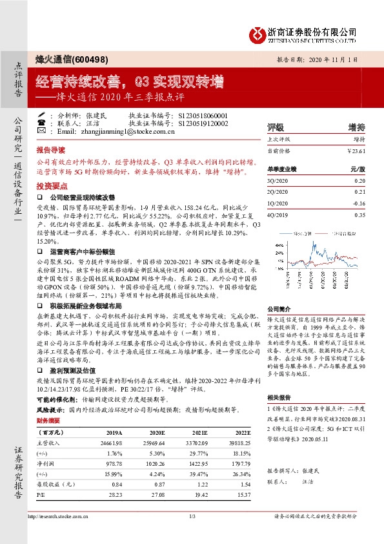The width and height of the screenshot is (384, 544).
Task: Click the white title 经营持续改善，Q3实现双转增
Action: point(129,82)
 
